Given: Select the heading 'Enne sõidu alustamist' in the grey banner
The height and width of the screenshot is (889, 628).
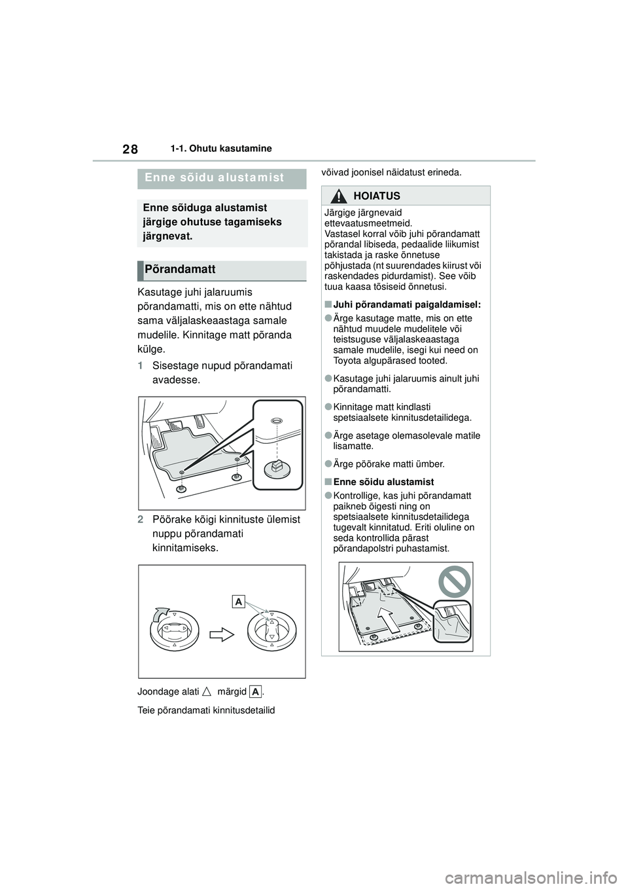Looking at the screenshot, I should [215, 177].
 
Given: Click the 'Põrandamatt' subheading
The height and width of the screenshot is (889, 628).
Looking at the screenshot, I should [181, 270].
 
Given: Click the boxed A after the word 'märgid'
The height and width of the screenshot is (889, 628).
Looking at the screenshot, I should [255, 691].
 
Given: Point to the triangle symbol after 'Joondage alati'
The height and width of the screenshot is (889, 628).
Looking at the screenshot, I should [207, 691].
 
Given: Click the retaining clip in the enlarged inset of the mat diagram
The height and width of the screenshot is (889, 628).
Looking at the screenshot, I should [276, 467].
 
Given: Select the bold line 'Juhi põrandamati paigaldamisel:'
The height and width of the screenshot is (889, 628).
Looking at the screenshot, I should [406, 304].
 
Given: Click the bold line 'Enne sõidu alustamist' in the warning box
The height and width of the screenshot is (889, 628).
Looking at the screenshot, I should [383, 482].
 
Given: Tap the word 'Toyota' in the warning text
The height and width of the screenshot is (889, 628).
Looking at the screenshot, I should [347, 361].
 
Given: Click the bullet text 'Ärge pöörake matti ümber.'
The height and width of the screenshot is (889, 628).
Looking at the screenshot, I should [389, 464].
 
